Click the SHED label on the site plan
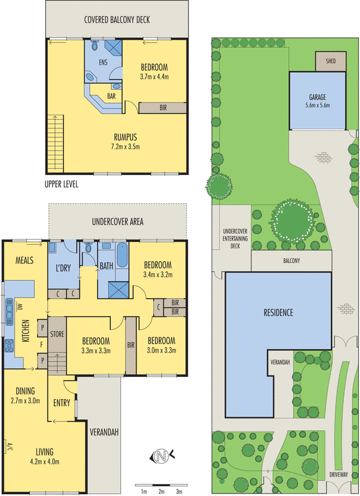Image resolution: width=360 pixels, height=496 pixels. tap(331, 61)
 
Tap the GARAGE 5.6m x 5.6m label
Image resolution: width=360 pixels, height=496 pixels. tap(317, 101)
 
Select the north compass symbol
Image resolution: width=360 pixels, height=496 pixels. tap(162, 456)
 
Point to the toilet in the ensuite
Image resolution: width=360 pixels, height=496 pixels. tap(95, 45)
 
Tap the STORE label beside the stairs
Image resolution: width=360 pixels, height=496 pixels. tap(57, 334)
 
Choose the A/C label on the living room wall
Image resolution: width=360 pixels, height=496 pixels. tap(9, 446)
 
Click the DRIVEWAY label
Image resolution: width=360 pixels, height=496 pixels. tap(338, 474)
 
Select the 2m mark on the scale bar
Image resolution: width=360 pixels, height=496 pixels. tap(161, 491)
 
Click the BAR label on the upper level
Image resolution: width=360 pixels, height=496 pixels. tap(112, 96)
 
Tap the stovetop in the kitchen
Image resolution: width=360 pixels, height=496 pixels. tap(9, 345)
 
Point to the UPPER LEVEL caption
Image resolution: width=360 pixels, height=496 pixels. tap(61, 184)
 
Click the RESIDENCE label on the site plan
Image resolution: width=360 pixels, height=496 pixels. tap(278, 312)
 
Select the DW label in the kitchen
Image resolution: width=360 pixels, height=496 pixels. tap(20, 306)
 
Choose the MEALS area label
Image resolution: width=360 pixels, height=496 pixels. tap(24, 260)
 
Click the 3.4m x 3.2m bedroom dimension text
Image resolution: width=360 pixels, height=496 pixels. tap(158, 275)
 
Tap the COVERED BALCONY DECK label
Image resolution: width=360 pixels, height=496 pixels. tap(117, 20)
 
